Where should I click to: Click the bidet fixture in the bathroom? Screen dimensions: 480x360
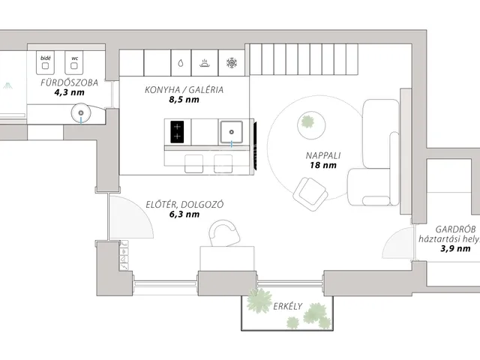point(45,63)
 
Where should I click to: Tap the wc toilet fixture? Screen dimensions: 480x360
point(74,63)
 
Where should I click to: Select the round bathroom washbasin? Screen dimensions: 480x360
point(81,113)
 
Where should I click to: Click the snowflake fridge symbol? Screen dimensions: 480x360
point(232,63)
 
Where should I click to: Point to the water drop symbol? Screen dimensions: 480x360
point(181,63)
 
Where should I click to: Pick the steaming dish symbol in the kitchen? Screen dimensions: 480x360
point(205,63)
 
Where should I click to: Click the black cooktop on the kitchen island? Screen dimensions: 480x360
point(177,132)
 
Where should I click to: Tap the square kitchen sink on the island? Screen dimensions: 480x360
point(232,132)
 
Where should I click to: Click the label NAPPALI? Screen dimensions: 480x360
point(323,155)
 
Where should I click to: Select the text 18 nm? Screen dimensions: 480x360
point(323,165)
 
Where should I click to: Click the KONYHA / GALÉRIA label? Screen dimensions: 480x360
point(184,90)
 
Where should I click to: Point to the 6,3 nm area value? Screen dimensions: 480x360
point(184,214)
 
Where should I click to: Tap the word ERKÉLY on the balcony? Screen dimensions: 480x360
point(288,307)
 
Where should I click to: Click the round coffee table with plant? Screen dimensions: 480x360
point(311,125)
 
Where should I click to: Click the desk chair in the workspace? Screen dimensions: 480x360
point(224,233)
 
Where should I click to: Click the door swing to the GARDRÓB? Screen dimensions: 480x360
point(397,242)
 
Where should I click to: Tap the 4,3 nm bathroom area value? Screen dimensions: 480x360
point(70,92)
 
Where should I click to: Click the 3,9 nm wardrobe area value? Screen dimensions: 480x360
point(455,248)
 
